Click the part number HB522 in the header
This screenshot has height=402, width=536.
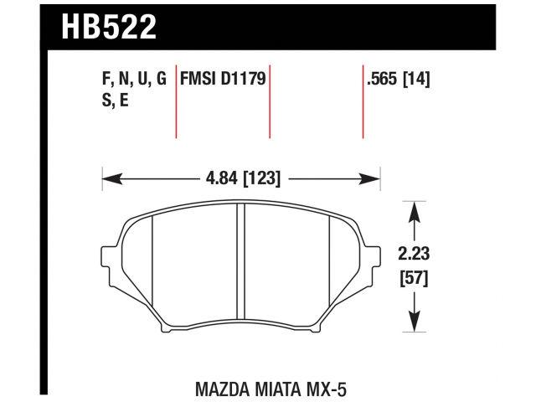coord(109,27)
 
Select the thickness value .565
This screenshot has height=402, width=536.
coord(382,80)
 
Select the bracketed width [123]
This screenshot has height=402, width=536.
coord(260,178)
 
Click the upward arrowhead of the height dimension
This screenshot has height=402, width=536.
coord(413,209)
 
